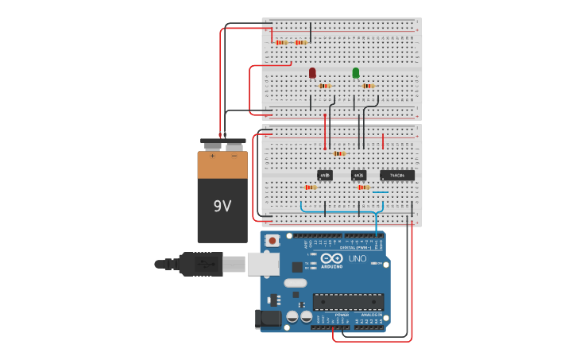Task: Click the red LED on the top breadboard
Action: pyautogui.click(x=312, y=73)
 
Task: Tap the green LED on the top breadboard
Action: pyautogui.click(x=355, y=73)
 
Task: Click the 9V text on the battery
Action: pyautogui.click(x=222, y=206)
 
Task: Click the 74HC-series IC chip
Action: pyautogui.click(x=396, y=175)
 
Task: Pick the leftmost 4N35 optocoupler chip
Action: pyautogui.click(x=324, y=175)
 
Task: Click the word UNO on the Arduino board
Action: pyautogui.click(x=358, y=258)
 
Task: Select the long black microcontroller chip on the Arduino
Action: pyautogui.click(x=348, y=301)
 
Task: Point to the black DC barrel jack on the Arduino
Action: pyautogui.click(x=269, y=319)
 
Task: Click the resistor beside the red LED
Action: pyautogui.click(x=324, y=86)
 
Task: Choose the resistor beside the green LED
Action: pyautogui.click(x=368, y=86)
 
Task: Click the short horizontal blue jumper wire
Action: pyautogui.click(x=381, y=192)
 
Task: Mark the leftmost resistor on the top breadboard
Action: pyautogui.click(x=281, y=42)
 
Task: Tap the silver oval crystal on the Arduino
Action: pyautogui.click(x=295, y=283)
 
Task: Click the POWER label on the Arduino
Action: pyautogui.click(x=342, y=315)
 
